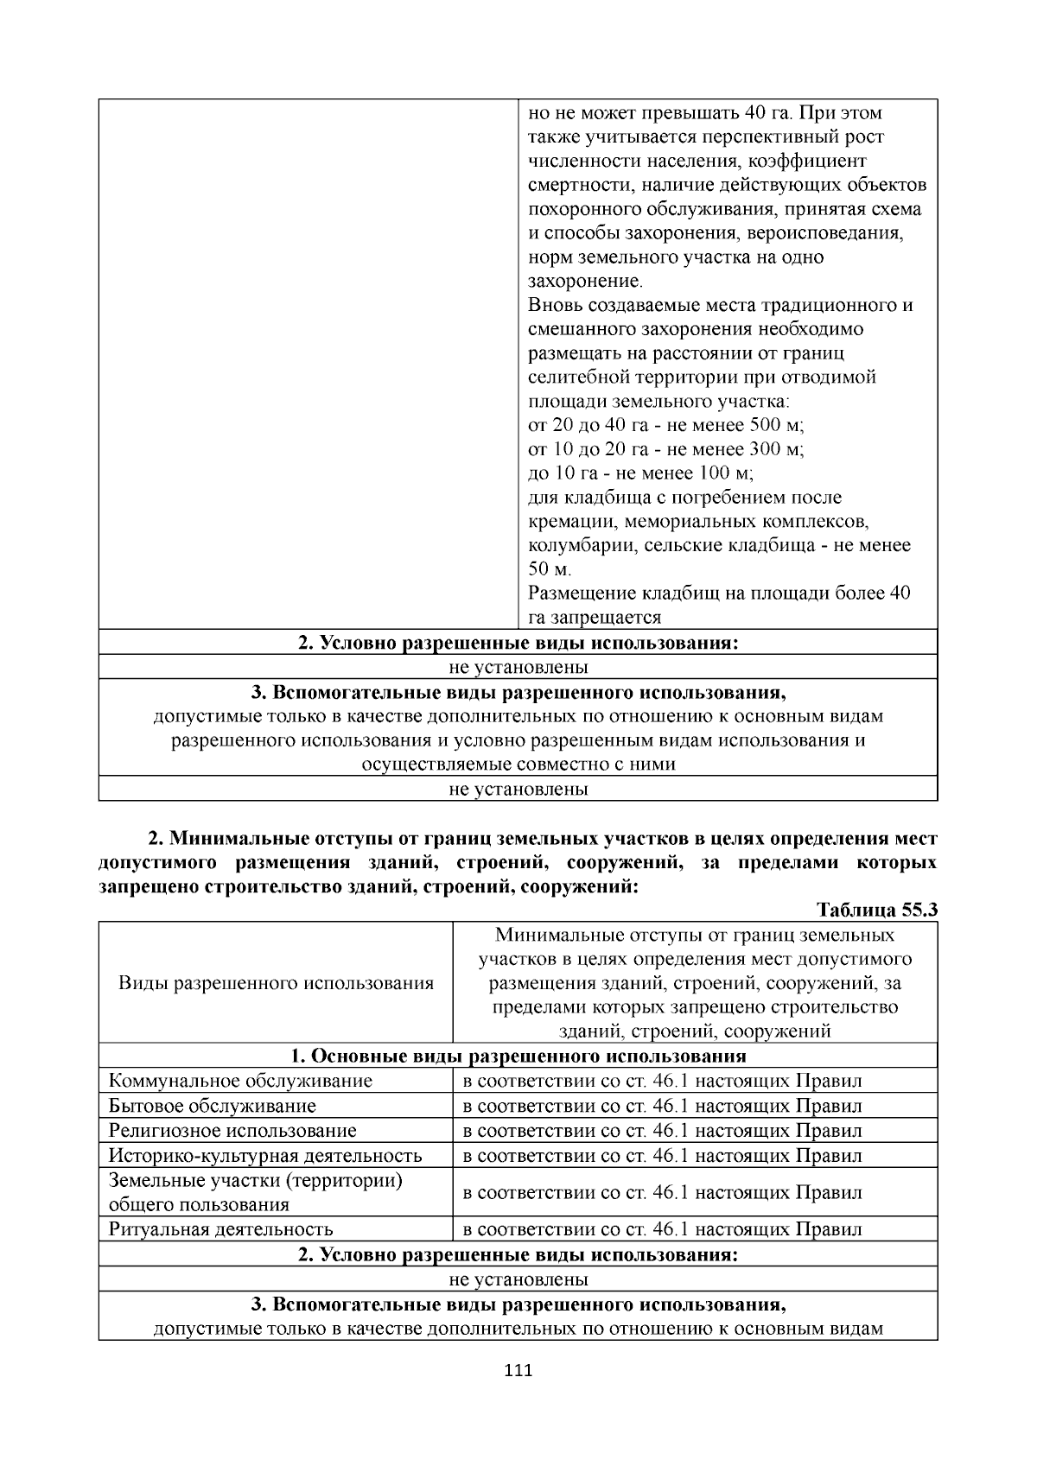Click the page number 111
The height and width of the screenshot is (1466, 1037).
tap(518, 1371)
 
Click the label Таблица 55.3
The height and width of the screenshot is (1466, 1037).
tap(877, 911)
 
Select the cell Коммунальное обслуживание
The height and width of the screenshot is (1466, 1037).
tap(240, 1081)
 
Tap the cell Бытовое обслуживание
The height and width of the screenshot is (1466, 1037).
tap(212, 1106)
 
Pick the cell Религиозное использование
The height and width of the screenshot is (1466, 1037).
tap(232, 1131)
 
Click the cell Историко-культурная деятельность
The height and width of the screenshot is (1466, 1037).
tap(264, 1156)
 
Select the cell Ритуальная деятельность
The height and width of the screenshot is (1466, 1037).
tap(220, 1229)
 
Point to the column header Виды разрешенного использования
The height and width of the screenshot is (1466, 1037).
tap(275, 983)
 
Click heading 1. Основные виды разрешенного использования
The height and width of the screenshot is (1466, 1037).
tap(518, 1056)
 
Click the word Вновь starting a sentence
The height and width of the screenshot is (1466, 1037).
tap(555, 306)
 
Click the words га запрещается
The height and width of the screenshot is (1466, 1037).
tap(595, 618)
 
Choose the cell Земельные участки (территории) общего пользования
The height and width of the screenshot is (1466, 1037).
tap(256, 1192)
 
